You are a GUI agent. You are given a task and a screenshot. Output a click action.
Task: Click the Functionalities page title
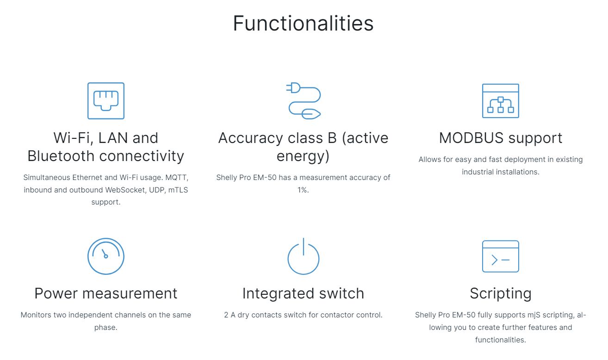303,23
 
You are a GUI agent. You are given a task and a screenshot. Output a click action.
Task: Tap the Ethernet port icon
106,101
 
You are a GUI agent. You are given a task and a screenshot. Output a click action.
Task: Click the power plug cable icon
304,101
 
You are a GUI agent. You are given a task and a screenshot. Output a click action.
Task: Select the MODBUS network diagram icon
501,101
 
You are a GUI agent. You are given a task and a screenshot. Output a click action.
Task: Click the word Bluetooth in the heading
62,156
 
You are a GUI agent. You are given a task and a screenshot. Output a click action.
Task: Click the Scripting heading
501,294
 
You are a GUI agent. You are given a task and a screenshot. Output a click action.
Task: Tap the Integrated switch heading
303,294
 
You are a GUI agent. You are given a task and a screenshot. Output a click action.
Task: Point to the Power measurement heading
106,293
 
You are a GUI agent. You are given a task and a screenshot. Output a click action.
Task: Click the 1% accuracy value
303,190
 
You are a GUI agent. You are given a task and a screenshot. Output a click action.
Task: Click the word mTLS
178,190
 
